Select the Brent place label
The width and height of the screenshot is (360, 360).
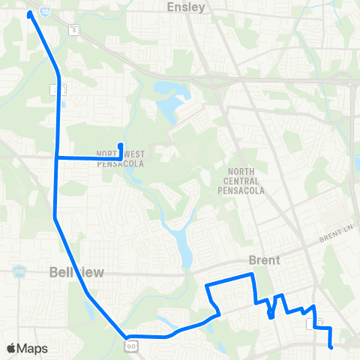click(x=264, y=260)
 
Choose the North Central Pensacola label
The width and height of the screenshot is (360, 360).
click(x=244, y=181)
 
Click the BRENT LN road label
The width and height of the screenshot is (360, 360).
click(x=334, y=238)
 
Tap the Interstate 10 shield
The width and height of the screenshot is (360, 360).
click(x=45, y=13)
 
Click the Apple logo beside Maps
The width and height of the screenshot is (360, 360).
click(x=10, y=348)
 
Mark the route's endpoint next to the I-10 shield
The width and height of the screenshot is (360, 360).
click(x=30, y=13)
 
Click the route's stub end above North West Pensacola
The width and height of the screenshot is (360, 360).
click(x=121, y=145)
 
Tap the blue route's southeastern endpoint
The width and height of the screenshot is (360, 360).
click(x=331, y=346)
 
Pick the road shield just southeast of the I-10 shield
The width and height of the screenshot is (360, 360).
click(x=73, y=30)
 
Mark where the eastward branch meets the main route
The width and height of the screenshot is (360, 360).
click(x=58, y=157)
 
